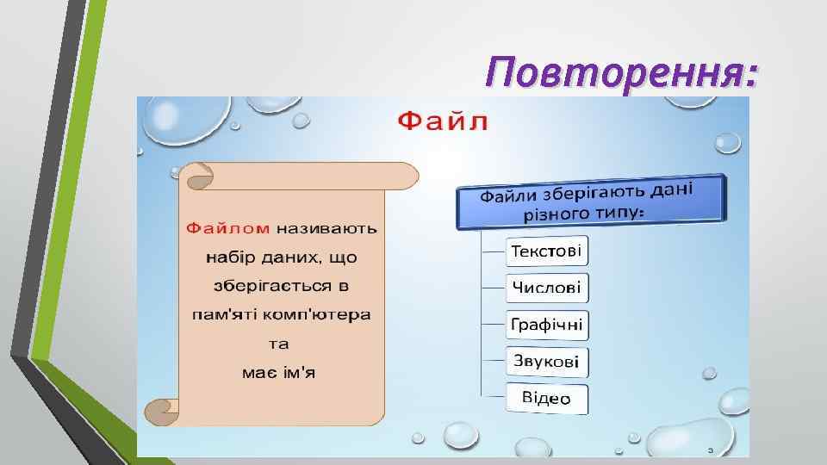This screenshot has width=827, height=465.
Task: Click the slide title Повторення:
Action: pos(622,72)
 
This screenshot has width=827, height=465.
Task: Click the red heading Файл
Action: pos(443,122)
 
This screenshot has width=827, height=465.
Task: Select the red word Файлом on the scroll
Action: pos(228,228)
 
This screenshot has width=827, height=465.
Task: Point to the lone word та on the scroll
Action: pos(280,344)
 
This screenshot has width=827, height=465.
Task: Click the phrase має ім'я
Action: pos(280,372)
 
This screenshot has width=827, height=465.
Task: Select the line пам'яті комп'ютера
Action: pos(280,314)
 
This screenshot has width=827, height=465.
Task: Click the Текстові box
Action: pos(547,252)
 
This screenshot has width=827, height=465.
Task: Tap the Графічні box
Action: pos(547,325)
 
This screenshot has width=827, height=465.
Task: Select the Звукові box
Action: pos(547,362)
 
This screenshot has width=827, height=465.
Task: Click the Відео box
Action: pos(547,399)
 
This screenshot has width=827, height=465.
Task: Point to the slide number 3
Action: pos(710,449)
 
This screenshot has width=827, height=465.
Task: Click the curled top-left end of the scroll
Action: pos(196,177)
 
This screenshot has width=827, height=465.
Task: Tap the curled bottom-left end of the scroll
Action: pos(160,412)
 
